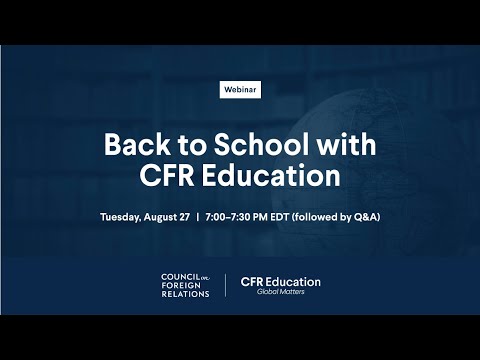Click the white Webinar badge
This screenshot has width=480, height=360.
pyautogui.click(x=240, y=90)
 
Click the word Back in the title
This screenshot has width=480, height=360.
pyautogui.click(x=137, y=144)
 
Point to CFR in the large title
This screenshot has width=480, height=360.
pyautogui.click(x=167, y=175)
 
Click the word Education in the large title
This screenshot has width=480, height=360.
pyautogui.click(x=271, y=175)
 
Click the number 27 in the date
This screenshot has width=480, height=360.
pyautogui.click(x=184, y=217)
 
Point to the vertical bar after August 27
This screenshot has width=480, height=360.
pyautogui.click(x=198, y=217)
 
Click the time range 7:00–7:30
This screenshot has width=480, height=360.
pyautogui.click(x=228, y=217)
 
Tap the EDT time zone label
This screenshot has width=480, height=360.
pyautogui.click(x=279, y=217)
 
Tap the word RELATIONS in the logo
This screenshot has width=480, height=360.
pyautogui.click(x=185, y=294)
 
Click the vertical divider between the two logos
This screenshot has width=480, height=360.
pyautogui.click(x=226, y=285)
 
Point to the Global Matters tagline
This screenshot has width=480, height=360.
pyautogui.click(x=281, y=292)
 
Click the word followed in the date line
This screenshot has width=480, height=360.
pyautogui.click(x=315, y=217)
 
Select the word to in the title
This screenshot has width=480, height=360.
pyautogui.click(x=192, y=146)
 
